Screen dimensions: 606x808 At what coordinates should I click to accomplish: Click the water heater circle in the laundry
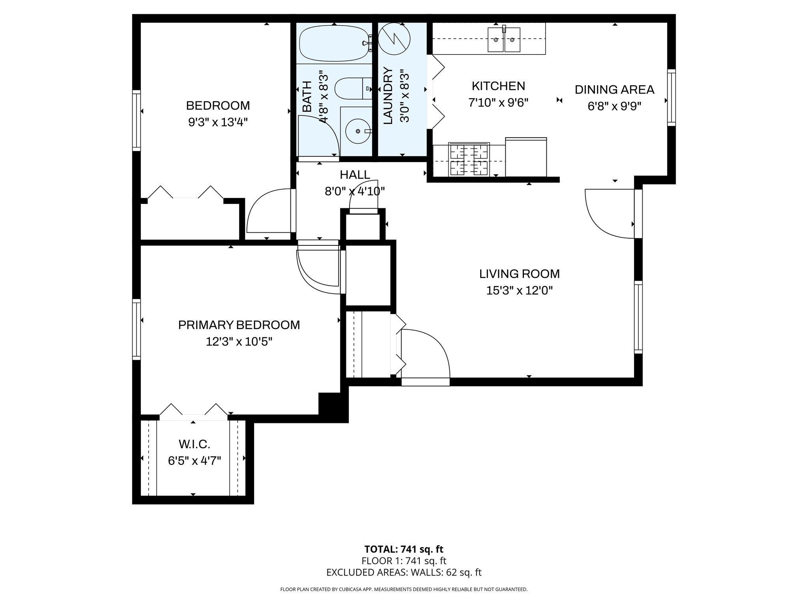point(394,38)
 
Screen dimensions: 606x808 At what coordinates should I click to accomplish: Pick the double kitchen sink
point(504,39)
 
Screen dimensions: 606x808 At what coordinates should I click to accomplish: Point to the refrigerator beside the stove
point(526,157)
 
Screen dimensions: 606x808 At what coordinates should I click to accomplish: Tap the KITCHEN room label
point(498,86)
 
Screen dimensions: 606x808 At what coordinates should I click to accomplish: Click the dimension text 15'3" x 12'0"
point(519,291)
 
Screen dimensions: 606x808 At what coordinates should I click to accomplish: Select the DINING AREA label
point(614,90)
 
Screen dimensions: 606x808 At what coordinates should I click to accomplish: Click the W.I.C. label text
point(194,444)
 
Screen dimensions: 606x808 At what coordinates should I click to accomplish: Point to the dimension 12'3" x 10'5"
point(239,341)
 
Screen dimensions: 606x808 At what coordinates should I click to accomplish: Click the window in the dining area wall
point(671,97)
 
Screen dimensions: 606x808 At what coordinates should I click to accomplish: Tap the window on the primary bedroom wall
point(136,329)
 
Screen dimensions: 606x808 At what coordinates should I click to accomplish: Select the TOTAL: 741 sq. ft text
point(404,549)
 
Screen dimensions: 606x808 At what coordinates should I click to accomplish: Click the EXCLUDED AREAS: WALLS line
point(404,572)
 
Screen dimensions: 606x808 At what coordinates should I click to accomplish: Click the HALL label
point(355,174)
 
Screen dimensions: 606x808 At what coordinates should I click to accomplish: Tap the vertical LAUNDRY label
point(388,96)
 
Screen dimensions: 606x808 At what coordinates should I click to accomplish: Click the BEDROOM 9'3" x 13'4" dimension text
point(218,122)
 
